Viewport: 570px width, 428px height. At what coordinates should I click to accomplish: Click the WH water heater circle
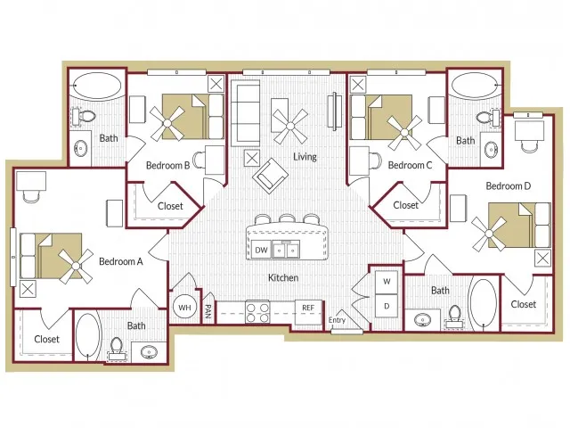pos(184,307)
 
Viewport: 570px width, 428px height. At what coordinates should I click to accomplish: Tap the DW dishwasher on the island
pos(261,250)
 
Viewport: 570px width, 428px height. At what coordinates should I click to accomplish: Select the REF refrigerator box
pos(308,312)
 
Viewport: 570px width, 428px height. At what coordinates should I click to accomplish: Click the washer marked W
pos(387,282)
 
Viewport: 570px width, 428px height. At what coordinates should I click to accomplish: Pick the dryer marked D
pos(387,306)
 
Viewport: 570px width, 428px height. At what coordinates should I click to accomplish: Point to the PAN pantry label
pos(208,311)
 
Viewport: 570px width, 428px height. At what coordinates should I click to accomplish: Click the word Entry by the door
pos(337,320)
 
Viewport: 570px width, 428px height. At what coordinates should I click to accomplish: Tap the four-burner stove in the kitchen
pos(257,312)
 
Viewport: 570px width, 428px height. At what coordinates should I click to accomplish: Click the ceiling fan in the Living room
pos(290,126)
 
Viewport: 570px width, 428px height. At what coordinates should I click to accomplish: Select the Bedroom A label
pos(121,261)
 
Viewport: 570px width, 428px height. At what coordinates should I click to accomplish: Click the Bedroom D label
pos(509,186)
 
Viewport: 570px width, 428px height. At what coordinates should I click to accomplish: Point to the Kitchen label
pos(283,277)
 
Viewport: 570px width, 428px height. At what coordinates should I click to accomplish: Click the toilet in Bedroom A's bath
pos(117,349)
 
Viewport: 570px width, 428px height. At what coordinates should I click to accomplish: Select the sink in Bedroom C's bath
pos(491,149)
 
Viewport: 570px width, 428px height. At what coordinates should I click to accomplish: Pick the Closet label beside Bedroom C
pos(406,205)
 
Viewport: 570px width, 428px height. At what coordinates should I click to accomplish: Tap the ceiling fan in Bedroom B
pos(167,123)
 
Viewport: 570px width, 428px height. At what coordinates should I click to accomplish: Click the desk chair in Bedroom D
pos(529,146)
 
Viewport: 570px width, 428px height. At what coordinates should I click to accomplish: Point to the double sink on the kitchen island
pos(286,250)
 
